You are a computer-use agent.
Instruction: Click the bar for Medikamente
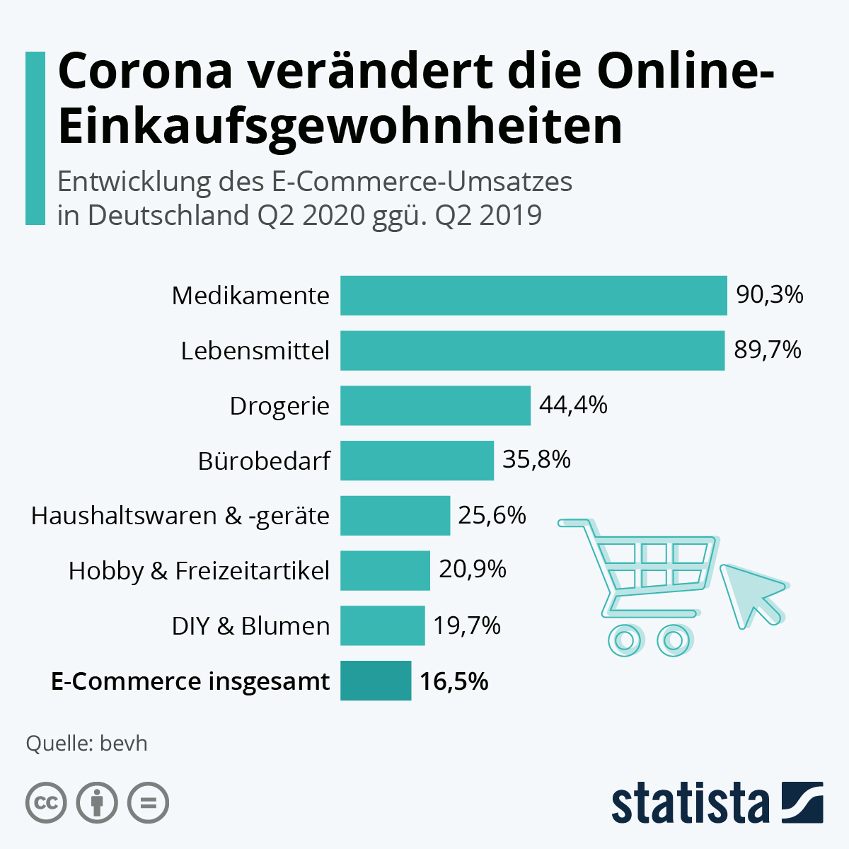533,295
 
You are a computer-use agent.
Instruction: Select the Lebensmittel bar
532,350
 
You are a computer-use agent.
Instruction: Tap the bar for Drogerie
435,405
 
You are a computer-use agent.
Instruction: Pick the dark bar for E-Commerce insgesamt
376,681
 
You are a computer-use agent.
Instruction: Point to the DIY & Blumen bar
382,625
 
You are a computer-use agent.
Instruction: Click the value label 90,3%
770,294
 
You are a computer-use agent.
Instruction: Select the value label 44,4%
573,405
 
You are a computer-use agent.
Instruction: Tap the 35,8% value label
536,460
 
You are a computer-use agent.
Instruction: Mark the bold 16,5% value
454,681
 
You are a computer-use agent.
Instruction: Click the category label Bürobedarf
264,461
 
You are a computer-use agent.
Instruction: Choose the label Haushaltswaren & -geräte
180,516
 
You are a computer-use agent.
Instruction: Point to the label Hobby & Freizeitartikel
199,570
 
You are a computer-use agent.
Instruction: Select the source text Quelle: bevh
86,744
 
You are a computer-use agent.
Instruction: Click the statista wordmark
690,803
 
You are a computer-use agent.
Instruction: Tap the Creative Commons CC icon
46,803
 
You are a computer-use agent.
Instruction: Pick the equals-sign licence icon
148,803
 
